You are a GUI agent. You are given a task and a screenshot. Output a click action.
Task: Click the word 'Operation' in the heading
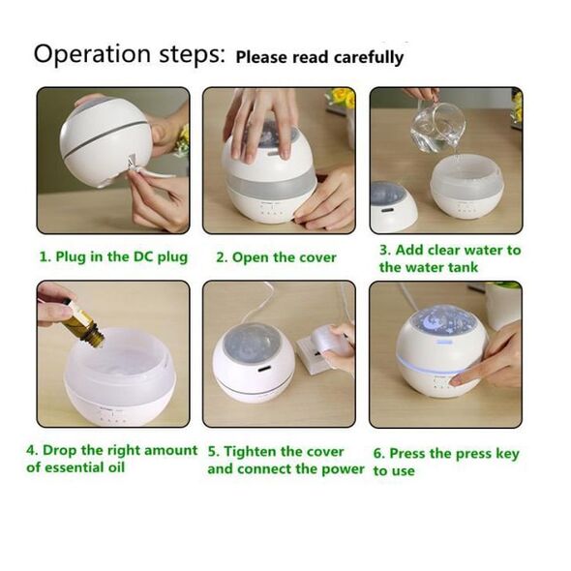pyautogui.click(x=92, y=54)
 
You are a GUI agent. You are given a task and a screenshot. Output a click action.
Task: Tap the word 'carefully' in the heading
pyautogui.click(x=369, y=58)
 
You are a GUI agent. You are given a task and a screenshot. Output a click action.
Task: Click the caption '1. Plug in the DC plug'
pyautogui.click(x=113, y=257)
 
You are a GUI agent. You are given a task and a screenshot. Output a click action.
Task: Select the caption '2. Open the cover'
pyautogui.click(x=276, y=257)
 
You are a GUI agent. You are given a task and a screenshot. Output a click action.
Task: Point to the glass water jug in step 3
pyautogui.click(x=437, y=126)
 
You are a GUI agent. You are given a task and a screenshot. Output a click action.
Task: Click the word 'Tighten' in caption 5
pyautogui.click(x=251, y=452)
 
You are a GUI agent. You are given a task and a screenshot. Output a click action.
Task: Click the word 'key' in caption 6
pyautogui.click(x=507, y=454)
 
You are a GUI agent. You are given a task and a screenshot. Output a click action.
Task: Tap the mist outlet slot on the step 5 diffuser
pyautogui.click(x=263, y=370)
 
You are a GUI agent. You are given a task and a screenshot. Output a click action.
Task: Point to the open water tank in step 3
pyautogui.click(x=466, y=186)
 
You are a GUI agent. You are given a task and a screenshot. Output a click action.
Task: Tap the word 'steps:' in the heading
pyautogui.click(x=193, y=54)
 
